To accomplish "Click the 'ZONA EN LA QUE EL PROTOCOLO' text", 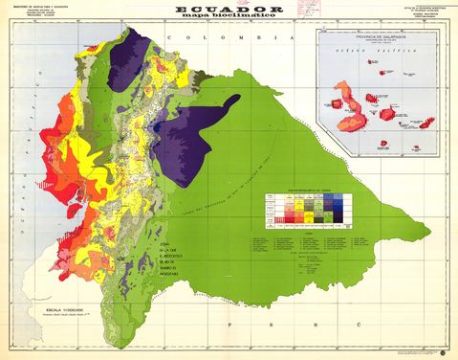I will (173, 258).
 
